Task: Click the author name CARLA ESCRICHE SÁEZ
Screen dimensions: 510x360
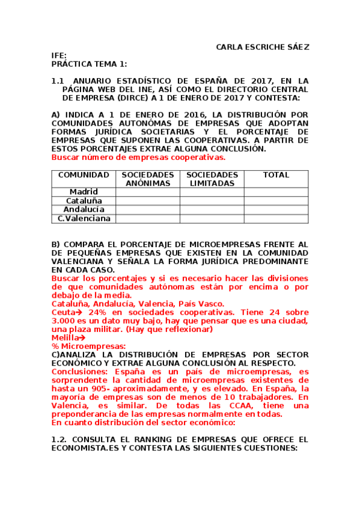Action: point(263,47)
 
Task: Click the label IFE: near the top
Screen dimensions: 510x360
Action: point(58,55)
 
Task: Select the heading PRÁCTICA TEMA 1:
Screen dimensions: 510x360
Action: point(89,63)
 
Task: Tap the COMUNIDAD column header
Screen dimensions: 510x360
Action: point(84,175)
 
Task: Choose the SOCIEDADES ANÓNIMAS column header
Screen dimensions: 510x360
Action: point(148,179)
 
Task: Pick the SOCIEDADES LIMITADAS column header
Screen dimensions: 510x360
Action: point(212,179)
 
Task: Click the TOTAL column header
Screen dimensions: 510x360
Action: point(276,175)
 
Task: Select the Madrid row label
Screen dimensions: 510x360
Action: point(84,192)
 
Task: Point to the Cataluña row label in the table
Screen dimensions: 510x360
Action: point(84,200)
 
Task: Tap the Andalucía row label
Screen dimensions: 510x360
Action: point(84,209)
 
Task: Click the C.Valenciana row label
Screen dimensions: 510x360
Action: point(84,218)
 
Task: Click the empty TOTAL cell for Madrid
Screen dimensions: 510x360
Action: point(276,192)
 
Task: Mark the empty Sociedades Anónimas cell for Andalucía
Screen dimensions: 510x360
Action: point(148,209)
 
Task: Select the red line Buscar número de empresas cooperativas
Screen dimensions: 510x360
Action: point(138,157)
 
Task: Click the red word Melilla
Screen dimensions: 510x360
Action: point(65,338)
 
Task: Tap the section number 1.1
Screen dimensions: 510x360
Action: point(57,81)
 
